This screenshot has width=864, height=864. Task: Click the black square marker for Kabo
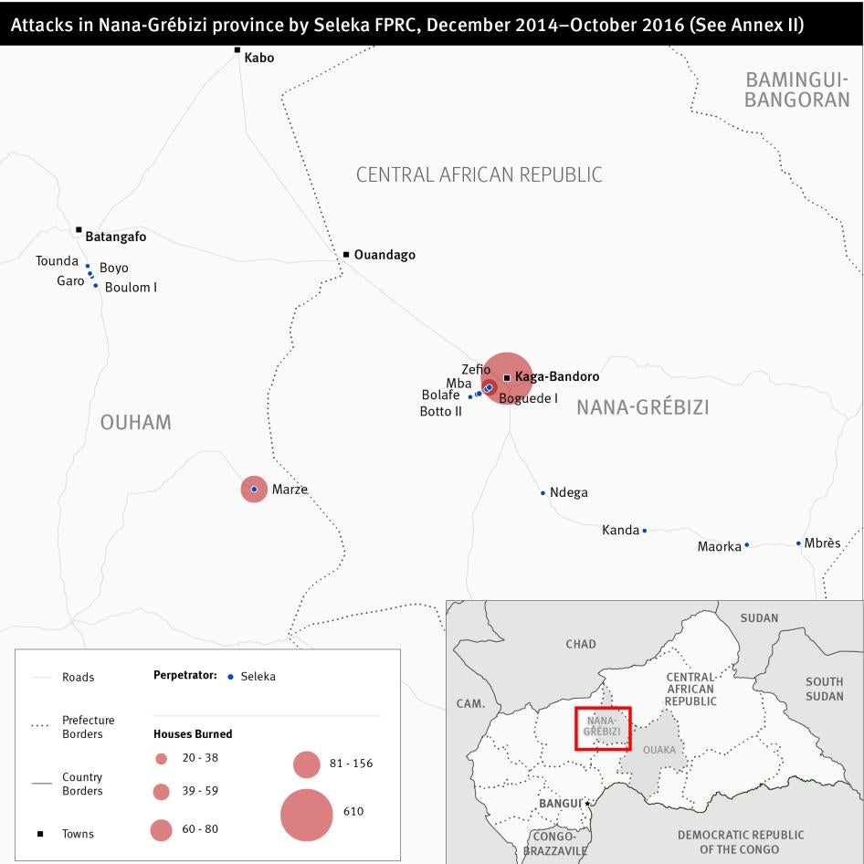pyautogui.click(x=237, y=50)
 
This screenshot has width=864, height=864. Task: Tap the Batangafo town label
pyautogui.click(x=115, y=237)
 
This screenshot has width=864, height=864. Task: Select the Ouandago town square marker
pyautogui.click(x=346, y=254)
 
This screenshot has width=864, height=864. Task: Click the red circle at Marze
pyautogui.click(x=254, y=490)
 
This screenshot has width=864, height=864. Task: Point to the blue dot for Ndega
pyautogui.click(x=543, y=493)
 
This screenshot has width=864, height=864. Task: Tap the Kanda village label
pyautogui.click(x=620, y=530)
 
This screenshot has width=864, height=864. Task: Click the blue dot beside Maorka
pyautogui.click(x=746, y=545)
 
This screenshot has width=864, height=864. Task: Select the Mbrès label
pyautogui.click(x=822, y=543)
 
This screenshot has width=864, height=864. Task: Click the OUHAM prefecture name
pyautogui.click(x=135, y=422)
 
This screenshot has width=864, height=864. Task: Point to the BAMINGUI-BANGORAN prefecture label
pyautogui.click(x=796, y=90)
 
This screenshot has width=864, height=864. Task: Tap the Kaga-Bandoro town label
pyautogui.click(x=557, y=376)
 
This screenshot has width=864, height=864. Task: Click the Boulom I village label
pyautogui.click(x=131, y=287)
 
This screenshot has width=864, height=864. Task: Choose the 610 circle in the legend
pyautogui.click(x=306, y=814)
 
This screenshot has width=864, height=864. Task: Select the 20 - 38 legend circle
pyautogui.click(x=161, y=758)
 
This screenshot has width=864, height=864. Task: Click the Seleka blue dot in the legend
pyautogui.click(x=230, y=677)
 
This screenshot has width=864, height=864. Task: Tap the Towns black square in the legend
pyautogui.click(x=39, y=834)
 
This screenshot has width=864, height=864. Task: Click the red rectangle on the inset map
pyautogui.click(x=603, y=728)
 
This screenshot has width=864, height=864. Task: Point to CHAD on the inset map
pyautogui.click(x=580, y=644)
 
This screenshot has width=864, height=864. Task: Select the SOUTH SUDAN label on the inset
pyautogui.click(x=824, y=689)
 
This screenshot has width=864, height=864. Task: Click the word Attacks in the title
pyautogui.click(x=39, y=25)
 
